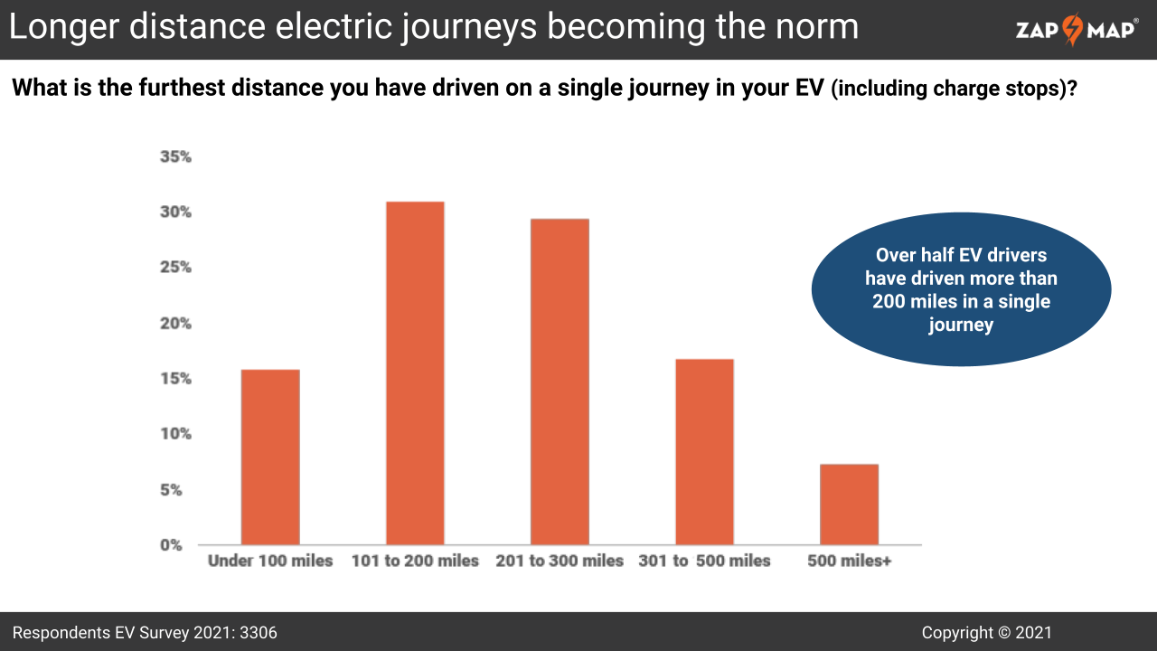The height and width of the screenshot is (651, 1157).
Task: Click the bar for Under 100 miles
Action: [270, 457]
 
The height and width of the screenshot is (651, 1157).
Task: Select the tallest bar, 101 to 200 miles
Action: [415, 373]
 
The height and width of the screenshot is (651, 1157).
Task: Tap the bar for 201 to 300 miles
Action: [560, 382]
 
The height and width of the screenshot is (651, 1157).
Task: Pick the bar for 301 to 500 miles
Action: [704, 451]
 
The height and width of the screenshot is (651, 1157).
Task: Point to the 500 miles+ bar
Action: [849, 504]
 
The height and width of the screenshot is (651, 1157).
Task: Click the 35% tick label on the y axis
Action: [175, 156]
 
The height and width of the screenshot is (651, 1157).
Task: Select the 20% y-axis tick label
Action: [175, 323]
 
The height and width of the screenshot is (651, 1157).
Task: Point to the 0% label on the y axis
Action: [172, 544]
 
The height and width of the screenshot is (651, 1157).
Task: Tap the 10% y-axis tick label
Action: [175, 434]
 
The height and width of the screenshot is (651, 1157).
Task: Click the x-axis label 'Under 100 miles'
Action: [270, 561]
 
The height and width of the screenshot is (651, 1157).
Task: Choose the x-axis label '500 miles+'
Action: [849, 561]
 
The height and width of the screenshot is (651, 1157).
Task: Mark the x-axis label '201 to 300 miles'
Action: [560, 561]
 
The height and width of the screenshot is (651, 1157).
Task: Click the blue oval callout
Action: [961, 289]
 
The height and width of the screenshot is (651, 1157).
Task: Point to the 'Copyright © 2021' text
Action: [986, 633]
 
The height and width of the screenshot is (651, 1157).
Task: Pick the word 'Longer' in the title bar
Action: [62, 27]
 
